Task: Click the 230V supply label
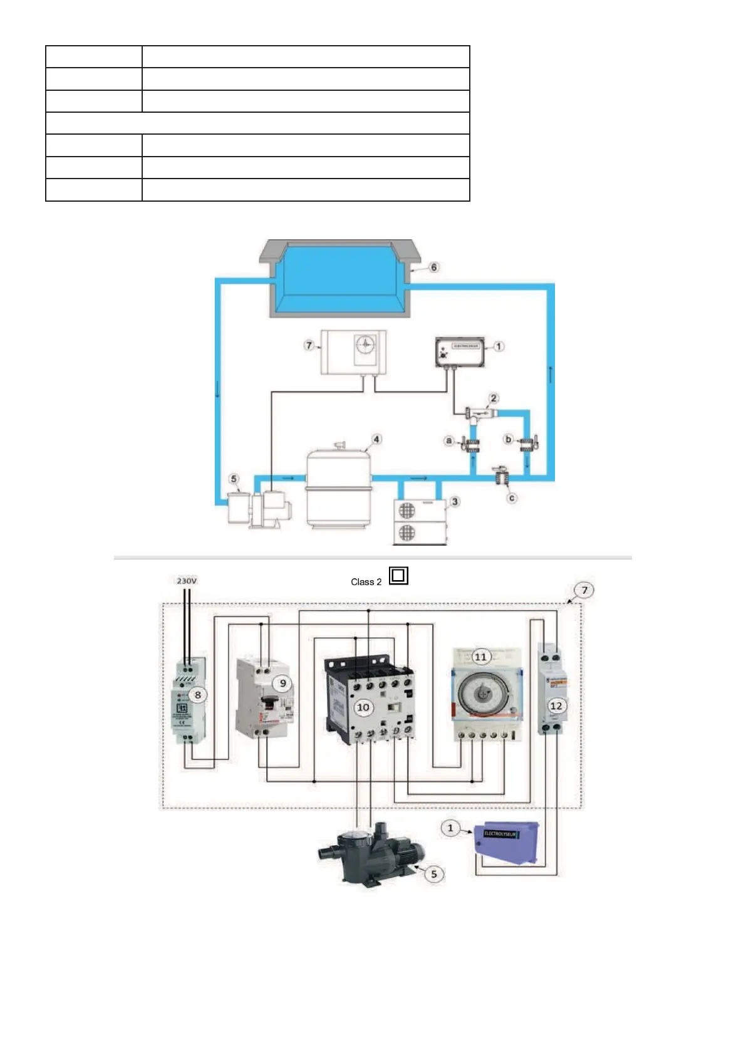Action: pos(187,581)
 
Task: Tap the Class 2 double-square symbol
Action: pos(398,575)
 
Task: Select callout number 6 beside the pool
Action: pos(433,268)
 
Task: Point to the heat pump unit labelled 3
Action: pos(420,521)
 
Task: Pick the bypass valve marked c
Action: pos(501,478)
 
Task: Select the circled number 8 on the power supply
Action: pos(198,694)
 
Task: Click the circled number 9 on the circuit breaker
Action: pos(283,683)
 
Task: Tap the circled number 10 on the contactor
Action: pos(363,707)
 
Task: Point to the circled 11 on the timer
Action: pos(480,657)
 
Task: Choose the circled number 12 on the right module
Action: pos(556,705)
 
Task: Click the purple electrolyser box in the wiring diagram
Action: pos(506,843)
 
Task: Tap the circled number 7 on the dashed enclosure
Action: pos(584,590)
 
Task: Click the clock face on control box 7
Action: pos(366,344)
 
